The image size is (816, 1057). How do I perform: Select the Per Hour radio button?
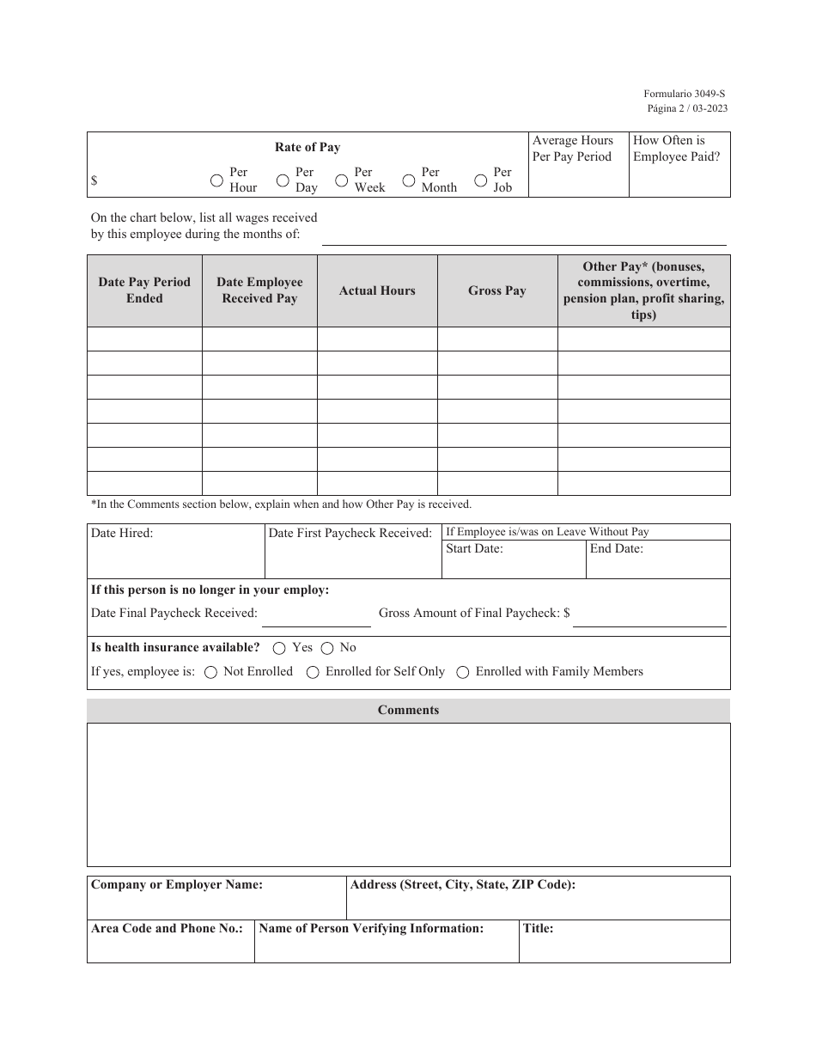217,180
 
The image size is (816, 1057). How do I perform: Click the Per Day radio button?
283,180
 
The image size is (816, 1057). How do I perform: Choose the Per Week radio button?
341,180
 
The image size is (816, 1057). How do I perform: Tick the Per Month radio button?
409,180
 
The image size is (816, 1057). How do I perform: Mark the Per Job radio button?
481,180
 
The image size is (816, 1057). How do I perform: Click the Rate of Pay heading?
308,147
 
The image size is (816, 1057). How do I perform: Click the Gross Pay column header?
496,290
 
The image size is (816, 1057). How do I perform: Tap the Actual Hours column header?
377,290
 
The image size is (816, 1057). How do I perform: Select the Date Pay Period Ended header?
144,290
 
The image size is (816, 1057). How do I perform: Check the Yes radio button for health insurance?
279,648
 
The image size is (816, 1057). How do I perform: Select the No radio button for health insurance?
327,648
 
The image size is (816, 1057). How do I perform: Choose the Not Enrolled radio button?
210,672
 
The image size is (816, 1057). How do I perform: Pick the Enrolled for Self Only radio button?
314,672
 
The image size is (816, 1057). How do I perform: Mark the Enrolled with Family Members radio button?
463,672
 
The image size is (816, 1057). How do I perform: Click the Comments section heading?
408,710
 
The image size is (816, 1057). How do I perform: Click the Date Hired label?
122,533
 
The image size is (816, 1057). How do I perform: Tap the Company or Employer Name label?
177,884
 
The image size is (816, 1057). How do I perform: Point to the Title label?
538,928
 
